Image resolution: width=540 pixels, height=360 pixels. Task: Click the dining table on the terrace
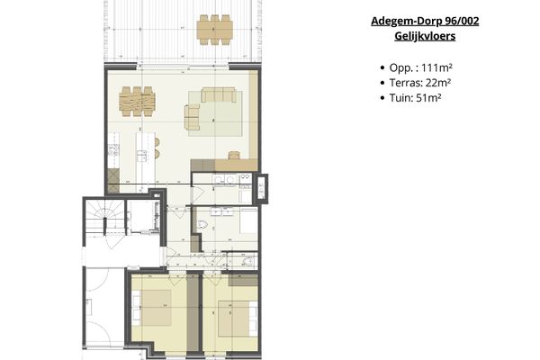(x=214, y=29)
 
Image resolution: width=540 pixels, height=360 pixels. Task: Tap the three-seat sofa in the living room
(x=217, y=94)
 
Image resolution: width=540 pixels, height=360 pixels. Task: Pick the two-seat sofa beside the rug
(x=192, y=116)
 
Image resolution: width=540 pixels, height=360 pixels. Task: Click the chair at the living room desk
(x=234, y=155)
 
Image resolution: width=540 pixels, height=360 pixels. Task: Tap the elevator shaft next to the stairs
(x=141, y=218)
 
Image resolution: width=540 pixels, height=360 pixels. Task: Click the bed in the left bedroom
(x=161, y=310)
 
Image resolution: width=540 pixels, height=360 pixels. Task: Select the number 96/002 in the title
(x=456, y=21)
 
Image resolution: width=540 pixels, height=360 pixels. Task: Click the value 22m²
(x=437, y=83)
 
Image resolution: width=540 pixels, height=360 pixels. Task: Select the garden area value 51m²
(x=427, y=98)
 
